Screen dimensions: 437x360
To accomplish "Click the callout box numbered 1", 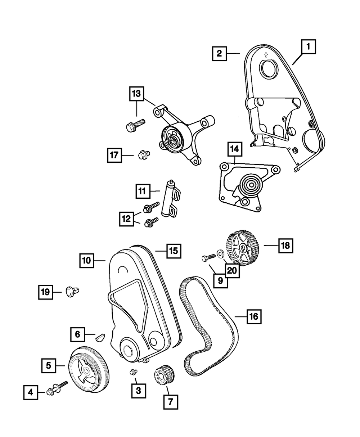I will (x=308, y=46).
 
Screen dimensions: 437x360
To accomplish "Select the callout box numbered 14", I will (x=234, y=148).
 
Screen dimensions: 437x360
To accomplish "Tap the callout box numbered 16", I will (x=253, y=316).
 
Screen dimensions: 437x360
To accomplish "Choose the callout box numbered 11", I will (x=143, y=191).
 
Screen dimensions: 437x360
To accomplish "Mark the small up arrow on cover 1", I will (x=266, y=55).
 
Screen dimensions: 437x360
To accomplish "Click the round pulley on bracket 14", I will (x=249, y=186).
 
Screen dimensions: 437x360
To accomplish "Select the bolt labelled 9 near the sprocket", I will (x=208, y=257).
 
